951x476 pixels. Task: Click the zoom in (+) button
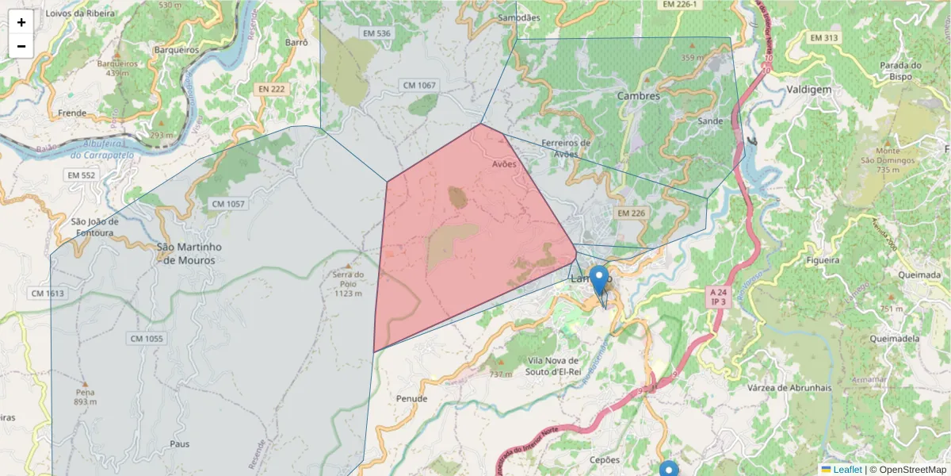(x=21, y=22)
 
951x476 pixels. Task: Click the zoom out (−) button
(x=21, y=46)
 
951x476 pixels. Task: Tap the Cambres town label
(x=638, y=96)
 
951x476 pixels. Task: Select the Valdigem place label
(x=808, y=90)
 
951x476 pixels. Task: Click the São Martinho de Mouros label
(x=189, y=253)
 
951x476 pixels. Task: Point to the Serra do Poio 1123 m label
(x=348, y=284)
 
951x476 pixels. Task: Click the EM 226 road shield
(x=631, y=213)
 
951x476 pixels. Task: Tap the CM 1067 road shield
(x=419, y=85)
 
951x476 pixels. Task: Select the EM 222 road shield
(x=271, y=89)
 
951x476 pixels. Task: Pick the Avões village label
(x=504, y=164)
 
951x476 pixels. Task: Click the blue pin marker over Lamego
(x=599, y=280)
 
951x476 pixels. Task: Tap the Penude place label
(x=412, y=398)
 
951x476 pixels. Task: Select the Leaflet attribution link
(x=847, y=470)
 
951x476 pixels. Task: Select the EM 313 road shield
(x=824, y=38)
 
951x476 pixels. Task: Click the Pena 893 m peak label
(x=85, y=397)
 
